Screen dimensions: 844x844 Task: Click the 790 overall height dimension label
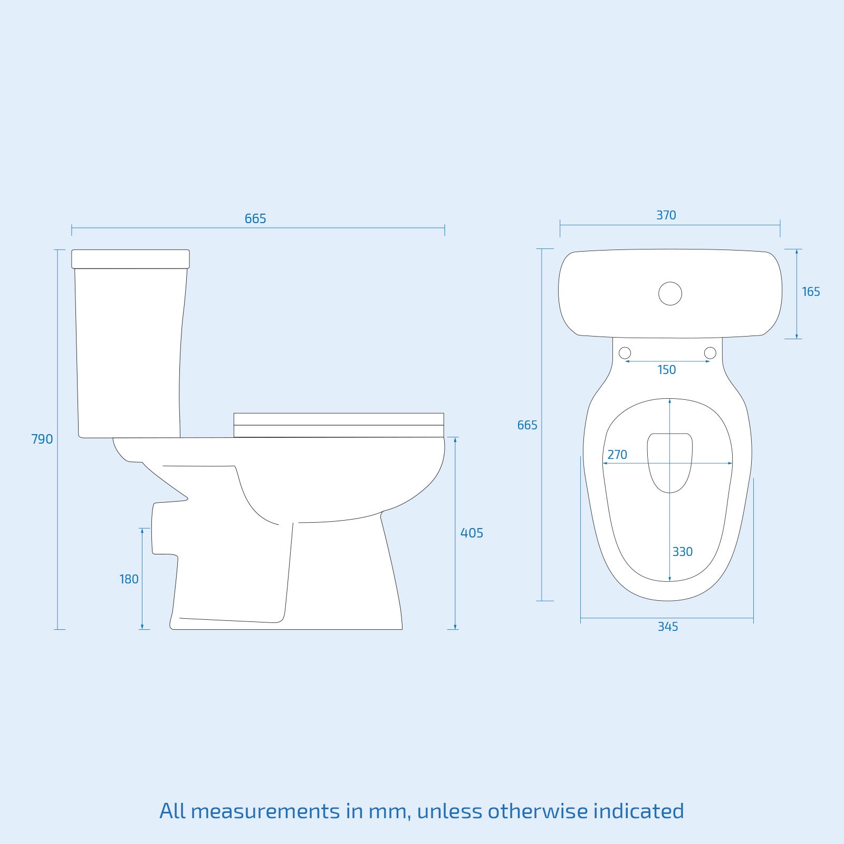tap(42, 439)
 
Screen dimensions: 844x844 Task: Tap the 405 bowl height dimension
tap(472, 533)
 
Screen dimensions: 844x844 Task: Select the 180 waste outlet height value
tap(129, 579)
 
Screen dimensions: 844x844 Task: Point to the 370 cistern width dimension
tap(666, 215)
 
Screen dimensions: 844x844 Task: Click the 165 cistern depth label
tap(811, 292)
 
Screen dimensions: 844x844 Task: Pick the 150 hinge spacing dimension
tap(667, 370)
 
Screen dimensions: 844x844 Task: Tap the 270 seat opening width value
tap(617, 455)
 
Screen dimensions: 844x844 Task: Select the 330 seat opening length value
tap(682, 552)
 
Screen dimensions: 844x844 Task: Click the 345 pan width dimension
tap(668, 627)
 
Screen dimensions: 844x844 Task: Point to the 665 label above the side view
tap(255, 218)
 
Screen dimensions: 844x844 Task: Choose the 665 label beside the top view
tap(527, 425)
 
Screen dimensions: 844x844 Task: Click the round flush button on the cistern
tap(670, 293)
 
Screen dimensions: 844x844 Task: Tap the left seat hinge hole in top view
tap(625, 353)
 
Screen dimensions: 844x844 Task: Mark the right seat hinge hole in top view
tap(710, 353)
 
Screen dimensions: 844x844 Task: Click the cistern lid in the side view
tap(130, 259)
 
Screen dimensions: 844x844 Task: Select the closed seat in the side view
tap(338, 425)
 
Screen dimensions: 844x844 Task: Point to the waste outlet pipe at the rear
tap(164, 529)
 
